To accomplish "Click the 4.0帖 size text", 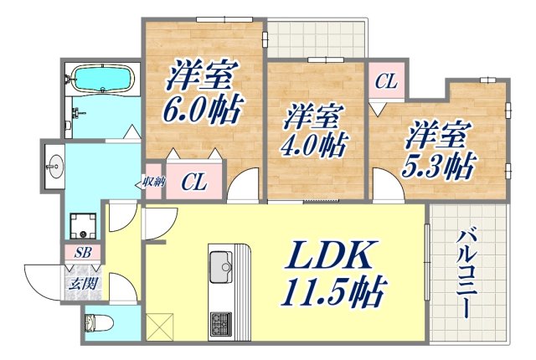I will click(316, 146).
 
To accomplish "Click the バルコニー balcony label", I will click(466, 272).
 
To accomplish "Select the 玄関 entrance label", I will click(85, 284).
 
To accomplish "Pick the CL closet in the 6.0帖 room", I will click(194, 182).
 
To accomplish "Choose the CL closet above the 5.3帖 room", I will click(384, 83).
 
